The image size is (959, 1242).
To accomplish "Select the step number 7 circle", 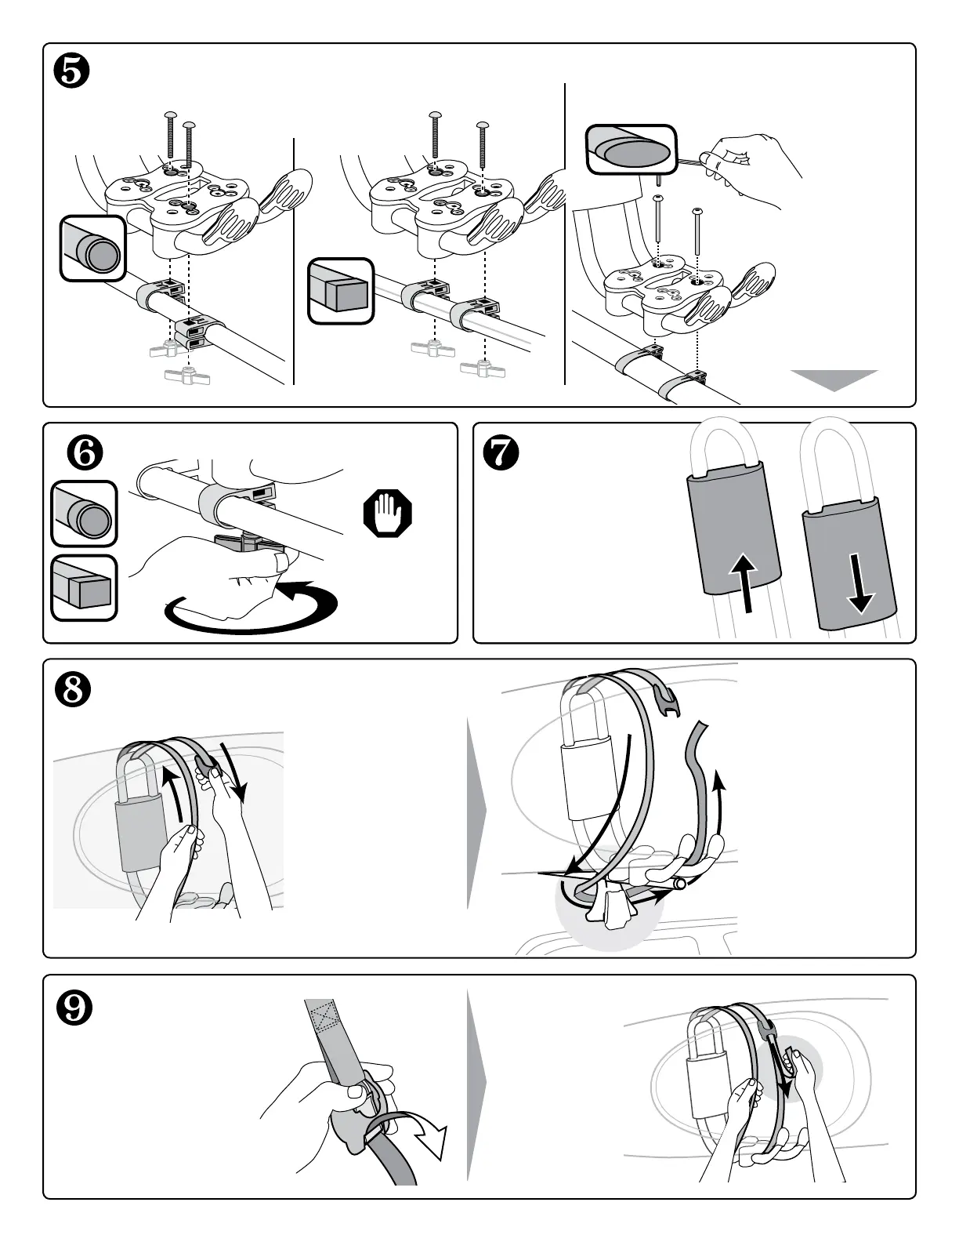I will click(501, 453).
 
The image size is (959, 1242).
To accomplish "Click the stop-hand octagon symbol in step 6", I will click(388, 514).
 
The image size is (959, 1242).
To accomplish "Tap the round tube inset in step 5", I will click(92, 249).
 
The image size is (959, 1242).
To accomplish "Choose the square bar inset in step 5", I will click(341, 291).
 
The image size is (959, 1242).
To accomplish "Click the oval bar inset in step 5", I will click(631, 149).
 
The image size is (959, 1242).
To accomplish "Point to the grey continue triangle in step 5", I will click(834, 379).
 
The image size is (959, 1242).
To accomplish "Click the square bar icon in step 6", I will click(85, 588).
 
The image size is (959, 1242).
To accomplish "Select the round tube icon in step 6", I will click(85, 514).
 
